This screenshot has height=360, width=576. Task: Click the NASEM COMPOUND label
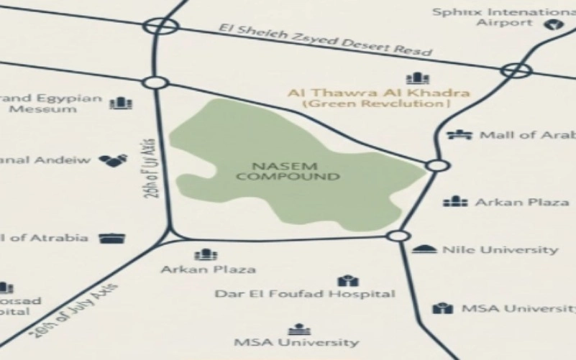tap(288, 170)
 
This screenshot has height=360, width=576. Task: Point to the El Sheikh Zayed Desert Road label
tap(327, 40)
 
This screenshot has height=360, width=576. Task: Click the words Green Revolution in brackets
tap(377, 104)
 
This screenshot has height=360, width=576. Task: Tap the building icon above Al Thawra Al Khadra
tap(417, 78)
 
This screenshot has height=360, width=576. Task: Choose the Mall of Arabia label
tap(527, 135)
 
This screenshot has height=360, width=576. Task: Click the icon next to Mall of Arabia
tap(458, 134)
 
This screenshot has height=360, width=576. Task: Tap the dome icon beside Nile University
tap(424, 249)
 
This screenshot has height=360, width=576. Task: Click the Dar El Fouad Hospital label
tap(305, 294)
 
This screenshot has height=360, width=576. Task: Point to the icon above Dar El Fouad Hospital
tap(347, 279)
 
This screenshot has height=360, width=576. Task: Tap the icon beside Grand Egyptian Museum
tap(120, 103)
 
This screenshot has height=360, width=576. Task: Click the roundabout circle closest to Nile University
tap(397, 236)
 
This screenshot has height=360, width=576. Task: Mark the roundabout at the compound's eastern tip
tap(436, 165)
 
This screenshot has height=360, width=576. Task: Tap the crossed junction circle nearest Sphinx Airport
tap(516, 70)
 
